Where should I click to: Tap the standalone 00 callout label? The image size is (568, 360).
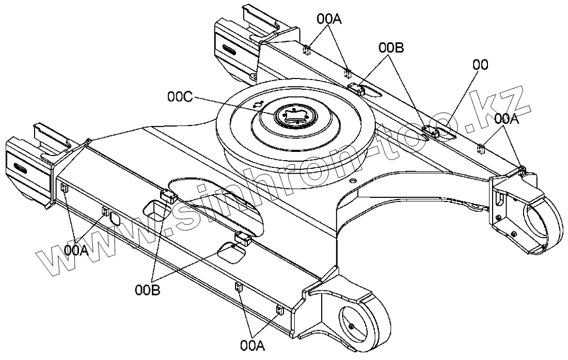pyautogui.click(x=480, y=65)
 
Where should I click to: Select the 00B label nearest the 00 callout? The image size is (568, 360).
pyautogui.click(x=391, y=48)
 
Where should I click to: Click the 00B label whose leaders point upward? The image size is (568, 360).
pyautogui.click(x=148, y=290)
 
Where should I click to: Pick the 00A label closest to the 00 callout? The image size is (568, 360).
pyautogui.click(x=506, y=119)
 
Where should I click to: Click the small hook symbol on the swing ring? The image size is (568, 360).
pyautogui.click(x=259, y=105)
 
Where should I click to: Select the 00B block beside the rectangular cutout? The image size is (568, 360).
pyautogui.click(x=169, y=196)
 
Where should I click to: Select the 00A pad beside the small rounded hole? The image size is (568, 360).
pyautogui.click(x=105, y=210)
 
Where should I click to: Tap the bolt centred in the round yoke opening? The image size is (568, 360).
pyautogui.click(x=351, y=326)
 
